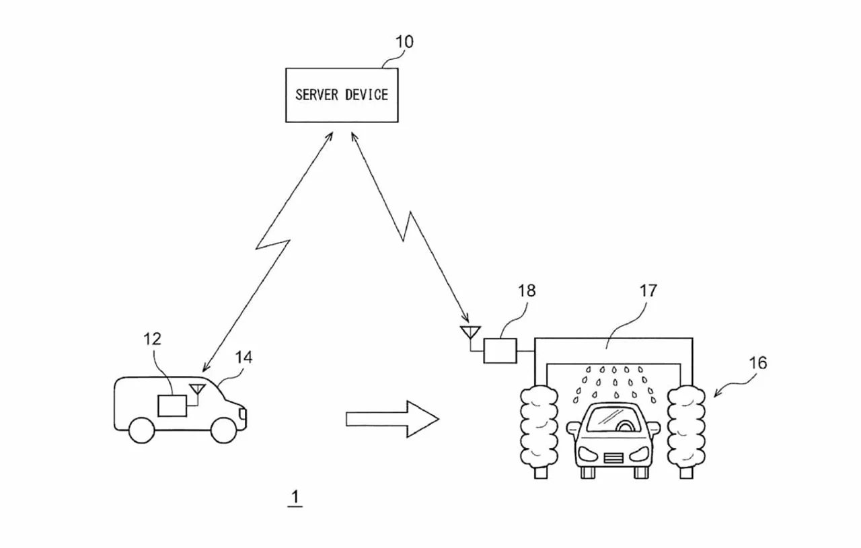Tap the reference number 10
[404, 42]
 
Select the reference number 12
[152, 339]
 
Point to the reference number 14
[244, 358]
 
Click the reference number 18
[527, 291]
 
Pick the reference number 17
[648, 291]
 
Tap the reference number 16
[758, 363]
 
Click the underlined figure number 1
[295, 498]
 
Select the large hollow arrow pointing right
[392, 419]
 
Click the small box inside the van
[172, 405]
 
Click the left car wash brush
[539, 428]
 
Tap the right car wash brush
[686, 428]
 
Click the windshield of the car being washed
[613, 418]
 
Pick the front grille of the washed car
[613, 459]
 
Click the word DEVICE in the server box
[367, 95]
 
